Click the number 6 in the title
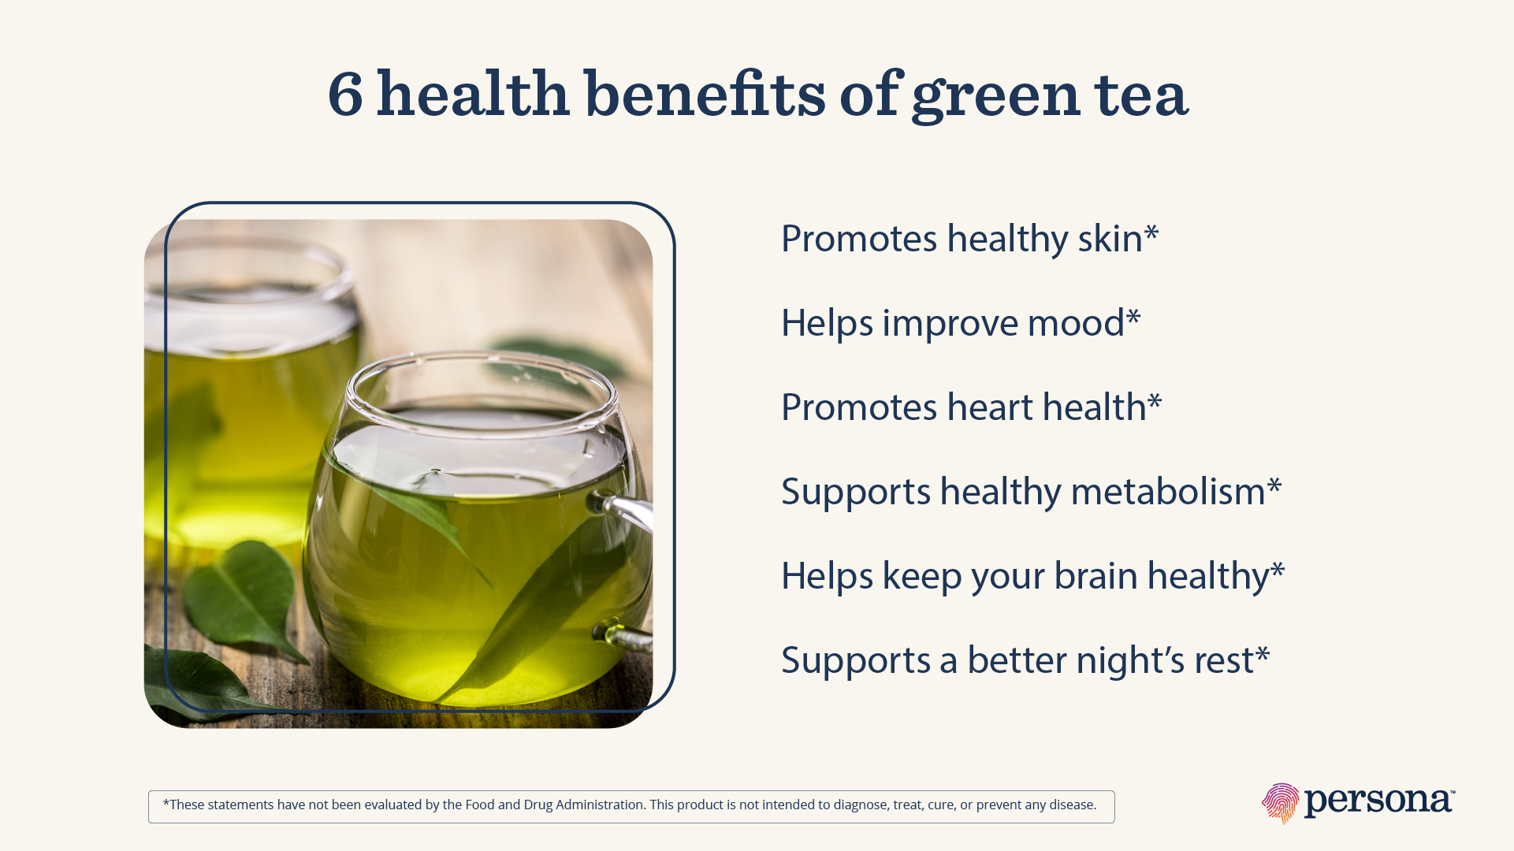pos(346,95)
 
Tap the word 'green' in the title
pos(995,96)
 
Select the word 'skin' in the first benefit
pos(1110,238)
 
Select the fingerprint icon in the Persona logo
pos(1280,803)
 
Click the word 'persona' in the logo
pos(1378,802)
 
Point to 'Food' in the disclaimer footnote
pos(480,805)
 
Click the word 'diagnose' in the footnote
pos(864,805)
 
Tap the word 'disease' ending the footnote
pos(1072,805)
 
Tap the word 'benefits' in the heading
pos(705,95)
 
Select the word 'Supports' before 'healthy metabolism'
pos(856,492)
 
